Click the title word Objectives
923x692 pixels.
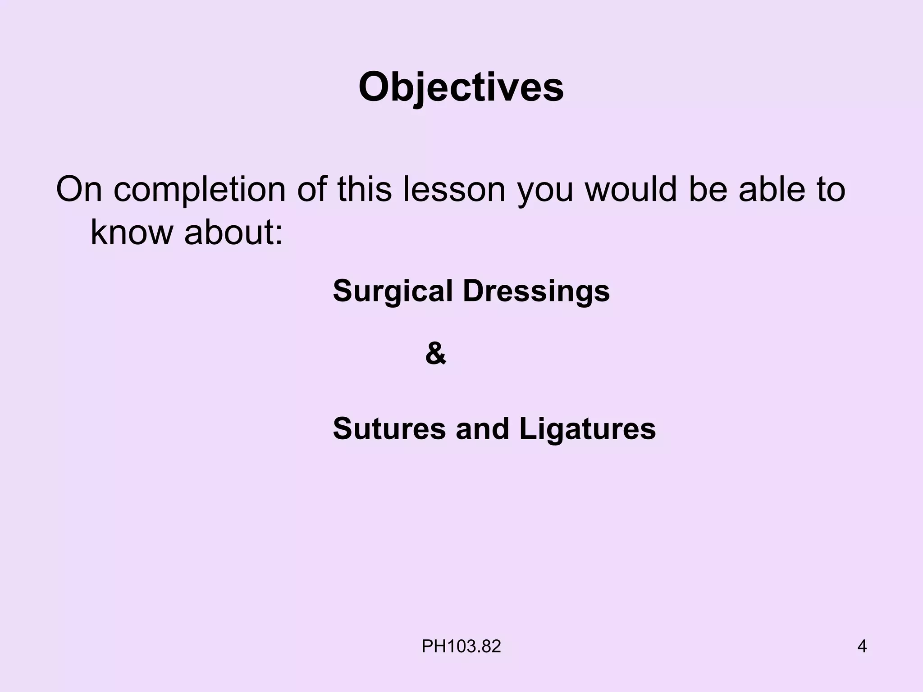[461, 87]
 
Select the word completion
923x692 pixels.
[199, 190]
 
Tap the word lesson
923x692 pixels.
[454, 189]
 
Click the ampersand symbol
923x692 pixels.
[435, 354]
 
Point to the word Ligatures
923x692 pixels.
[587, 428]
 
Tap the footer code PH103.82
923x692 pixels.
[461, 646]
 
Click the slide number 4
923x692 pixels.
[862, 646]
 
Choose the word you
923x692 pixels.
[545, 190]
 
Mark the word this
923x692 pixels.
[364, 189]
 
